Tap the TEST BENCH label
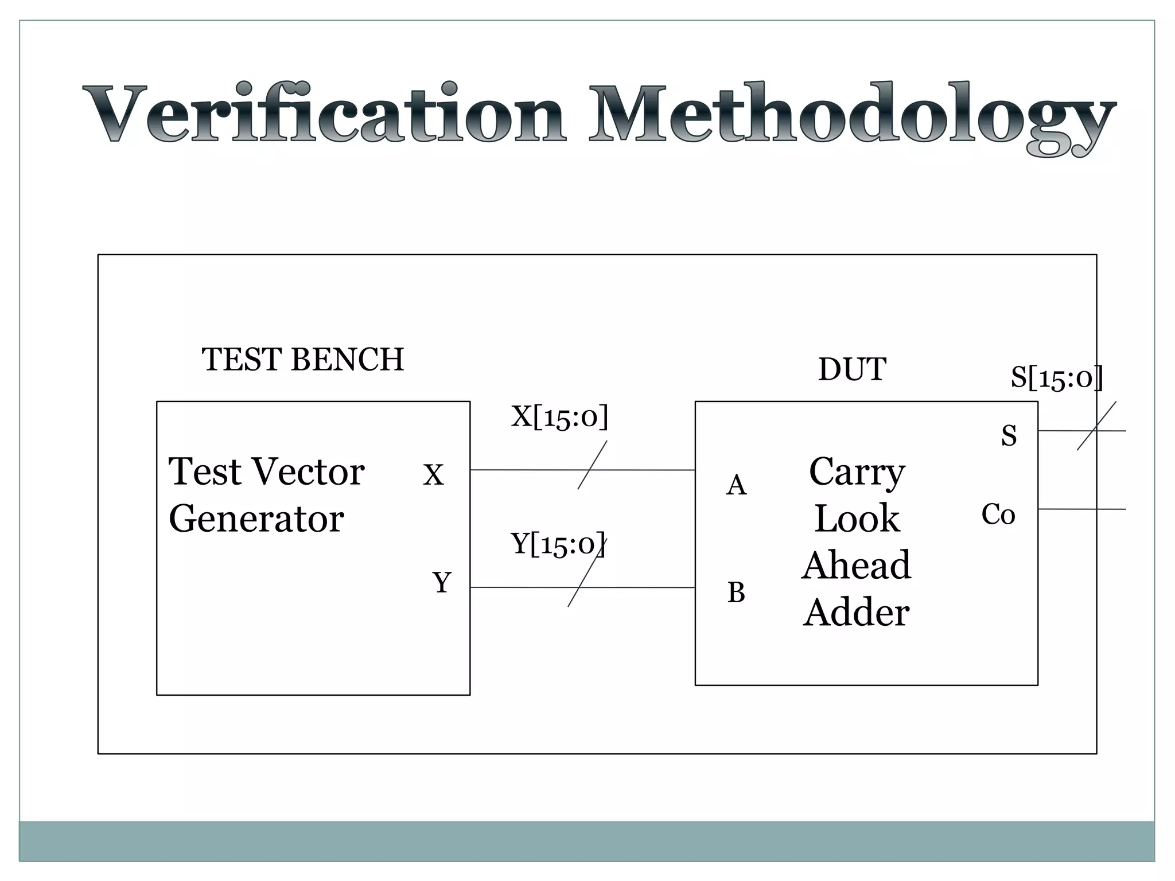tap(302, 360)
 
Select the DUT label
tap(852, 369)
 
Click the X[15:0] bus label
tap(559, 416)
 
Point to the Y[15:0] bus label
tap(558, 543)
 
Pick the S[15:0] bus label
tap(1056, 378)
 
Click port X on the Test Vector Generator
tap(433, 475)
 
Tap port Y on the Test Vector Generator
tap(441, 583)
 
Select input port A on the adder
tap(736, 485)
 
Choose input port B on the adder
tap(736, 592)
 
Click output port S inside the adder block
tap(1009, 435)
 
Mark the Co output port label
tap(998, 514)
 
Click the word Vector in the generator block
tap(308, 471)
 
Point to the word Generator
tap(256, 519)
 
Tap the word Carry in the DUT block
tap(857, 472)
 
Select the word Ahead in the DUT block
tap(856, 566)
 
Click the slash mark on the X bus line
tap(592, 465)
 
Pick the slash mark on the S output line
tap(1096, 426)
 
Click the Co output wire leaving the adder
tap(1081, 509)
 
